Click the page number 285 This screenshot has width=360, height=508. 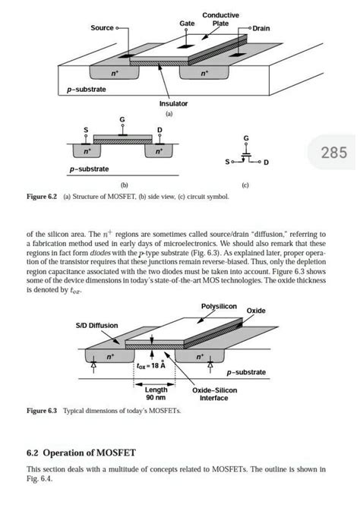[333, 155]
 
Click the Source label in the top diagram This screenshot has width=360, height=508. [102, 28]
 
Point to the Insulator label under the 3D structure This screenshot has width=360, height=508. [173, 103]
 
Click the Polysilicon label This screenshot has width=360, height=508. [219, 305]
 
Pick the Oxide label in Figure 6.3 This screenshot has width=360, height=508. [277, 311]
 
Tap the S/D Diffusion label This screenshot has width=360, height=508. [96, 325]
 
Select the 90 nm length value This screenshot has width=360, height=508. [156, 397]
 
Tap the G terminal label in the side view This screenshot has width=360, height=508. [122, 121]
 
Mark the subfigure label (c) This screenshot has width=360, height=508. [245, 185]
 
